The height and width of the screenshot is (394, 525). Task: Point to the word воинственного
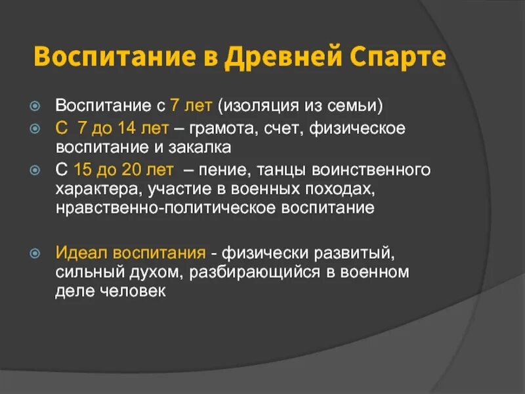pos(375,170)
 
